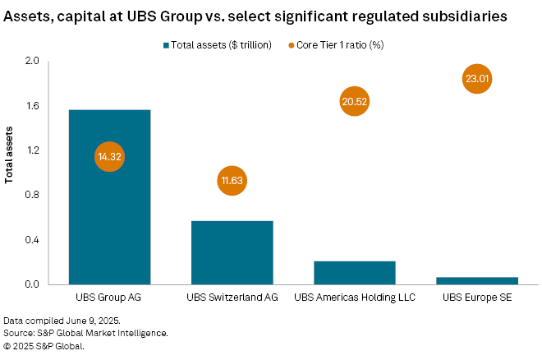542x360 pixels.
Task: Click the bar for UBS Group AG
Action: point(109,214)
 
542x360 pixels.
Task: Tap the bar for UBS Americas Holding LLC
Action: point(354,273)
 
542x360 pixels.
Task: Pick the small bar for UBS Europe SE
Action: point(476,280)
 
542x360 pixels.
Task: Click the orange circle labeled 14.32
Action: point(109,156)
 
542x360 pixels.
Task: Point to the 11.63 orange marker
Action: point(232,181)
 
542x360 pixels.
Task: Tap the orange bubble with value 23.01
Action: point(476,80)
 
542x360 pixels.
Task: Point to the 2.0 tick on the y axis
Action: point(32,62)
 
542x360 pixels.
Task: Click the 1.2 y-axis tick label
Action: point(32,151)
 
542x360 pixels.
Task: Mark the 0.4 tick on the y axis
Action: point(32,240)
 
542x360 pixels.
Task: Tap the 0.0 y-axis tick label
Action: point(32,285)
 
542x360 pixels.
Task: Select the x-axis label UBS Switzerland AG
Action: point(232,298)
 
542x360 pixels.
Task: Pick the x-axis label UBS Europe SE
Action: point(476,298)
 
